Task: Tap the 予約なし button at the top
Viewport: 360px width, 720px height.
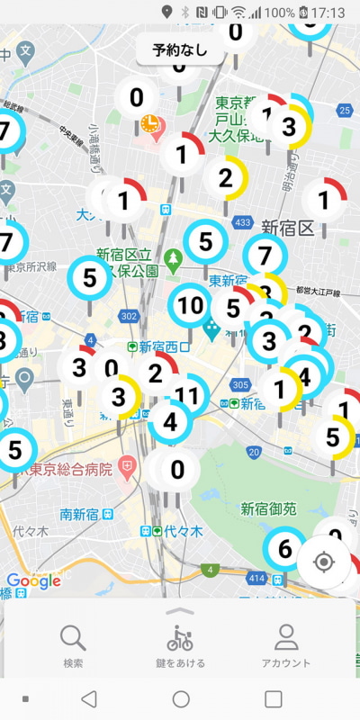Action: tap(180, 50)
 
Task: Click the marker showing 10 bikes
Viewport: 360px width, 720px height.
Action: tap(190, 305)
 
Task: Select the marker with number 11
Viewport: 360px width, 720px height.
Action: tap(186, 394)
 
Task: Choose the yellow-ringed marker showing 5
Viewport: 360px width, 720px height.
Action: tap(333, 437)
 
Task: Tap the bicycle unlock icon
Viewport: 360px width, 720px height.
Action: tap(180, 639)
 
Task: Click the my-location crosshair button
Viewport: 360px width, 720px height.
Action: tap(324, 562)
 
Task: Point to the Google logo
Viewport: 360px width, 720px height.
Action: tap(33, 581)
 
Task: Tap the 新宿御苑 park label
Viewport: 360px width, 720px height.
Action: tap(267, 508)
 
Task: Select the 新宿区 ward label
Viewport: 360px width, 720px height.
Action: tap(286, 226)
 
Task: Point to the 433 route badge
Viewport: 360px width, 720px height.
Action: tap(242, 221)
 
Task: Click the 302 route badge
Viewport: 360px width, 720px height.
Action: tap(129, 316)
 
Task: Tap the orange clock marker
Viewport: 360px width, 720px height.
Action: tap(149, 122)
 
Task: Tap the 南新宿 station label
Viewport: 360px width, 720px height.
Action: tap(77, 514)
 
